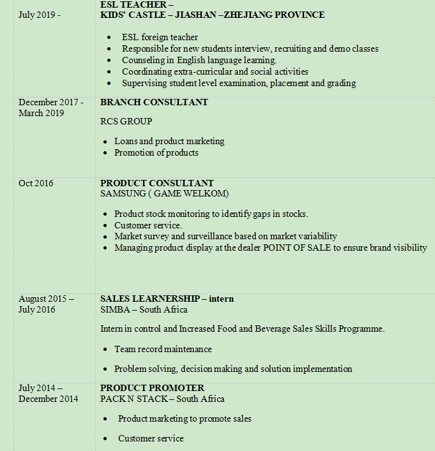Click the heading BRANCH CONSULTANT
coord(154,102)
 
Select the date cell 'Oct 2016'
coord(36,184)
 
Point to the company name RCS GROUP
coord(126,121)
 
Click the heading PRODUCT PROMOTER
coord(152,388)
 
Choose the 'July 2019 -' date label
coord(40,15)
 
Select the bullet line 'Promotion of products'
coord(156,152)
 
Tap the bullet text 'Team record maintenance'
coord(163,349)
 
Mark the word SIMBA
coord(114,309)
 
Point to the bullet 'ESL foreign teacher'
coord(160,38)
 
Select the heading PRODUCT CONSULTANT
coord(157,184)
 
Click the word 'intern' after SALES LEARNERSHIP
coord(221,299)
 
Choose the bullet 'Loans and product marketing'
coord(169,141)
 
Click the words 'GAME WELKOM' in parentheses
coord(190,193)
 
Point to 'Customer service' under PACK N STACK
coord(151,438)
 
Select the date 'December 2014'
coord(49,399)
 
